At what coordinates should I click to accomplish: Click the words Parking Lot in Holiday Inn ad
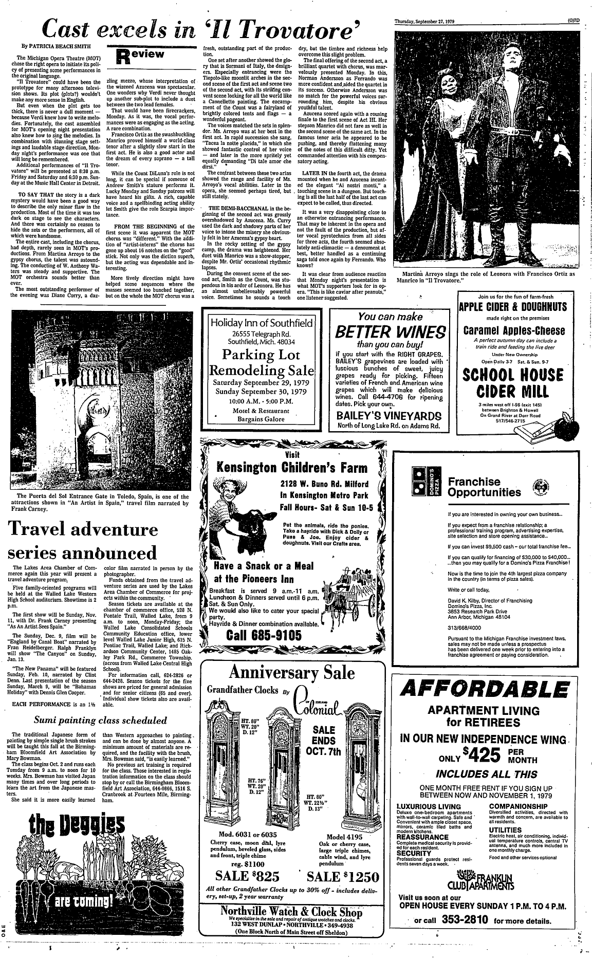click(x=262, y=355)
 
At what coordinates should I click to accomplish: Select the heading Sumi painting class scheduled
click(x=101, y=720)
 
